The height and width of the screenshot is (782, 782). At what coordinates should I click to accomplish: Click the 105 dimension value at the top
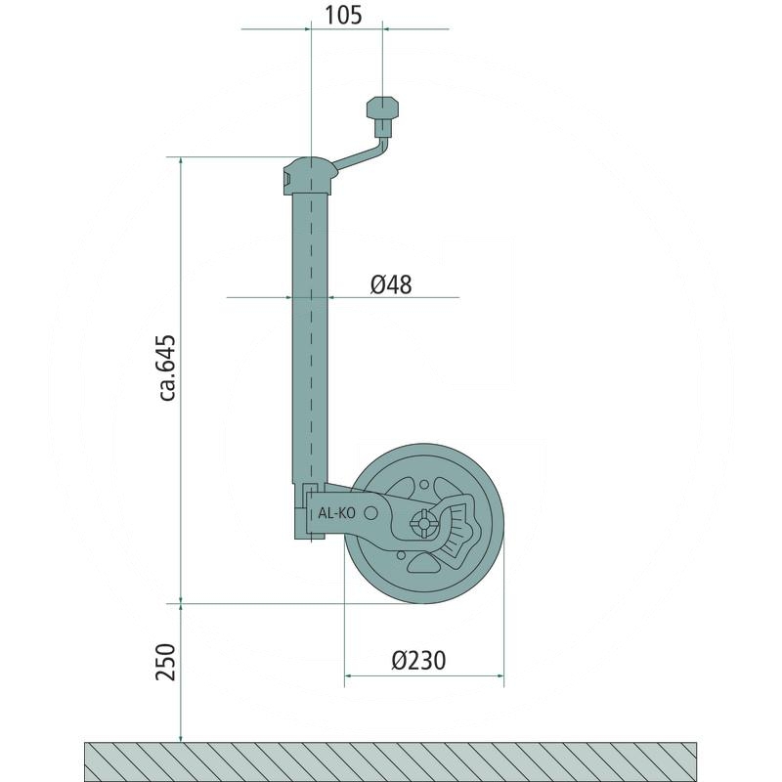pos(343,16)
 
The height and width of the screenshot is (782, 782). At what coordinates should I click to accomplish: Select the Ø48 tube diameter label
pos(391,284)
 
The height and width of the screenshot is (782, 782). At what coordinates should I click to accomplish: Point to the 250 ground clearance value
pos(166,663)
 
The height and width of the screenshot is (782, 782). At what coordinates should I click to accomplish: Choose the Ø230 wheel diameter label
pos(418,661)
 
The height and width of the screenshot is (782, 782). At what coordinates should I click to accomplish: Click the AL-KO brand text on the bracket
pos(336,512)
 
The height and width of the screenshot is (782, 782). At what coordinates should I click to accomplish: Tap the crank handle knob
pos(383,108)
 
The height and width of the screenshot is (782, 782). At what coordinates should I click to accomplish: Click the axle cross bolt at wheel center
pos(423,524)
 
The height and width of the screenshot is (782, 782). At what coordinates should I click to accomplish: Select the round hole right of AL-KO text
pos(370,512)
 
